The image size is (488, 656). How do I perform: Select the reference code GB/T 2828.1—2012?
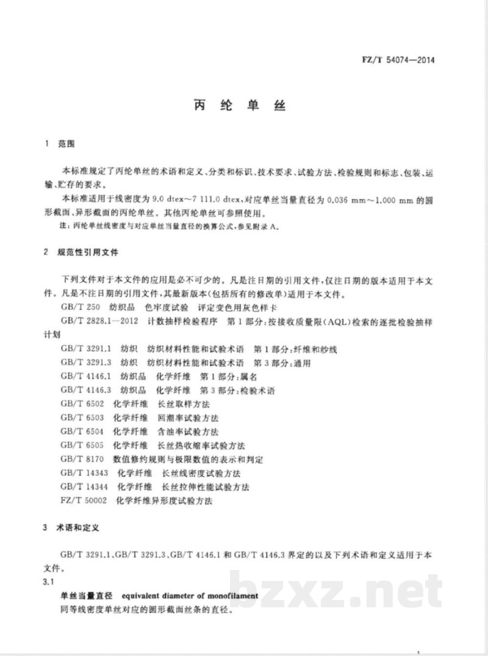[x=96, y=321]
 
